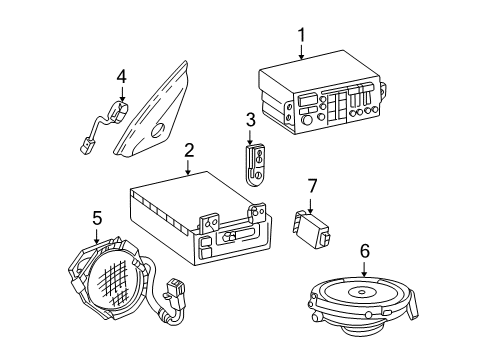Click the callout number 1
(x=299, y=37)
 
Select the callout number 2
(x=187, y=152)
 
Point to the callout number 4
(x=121, y=75)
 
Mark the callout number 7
(x=311, y=185)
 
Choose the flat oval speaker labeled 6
(x=364, y=305)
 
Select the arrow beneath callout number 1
(x=299, y=54)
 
